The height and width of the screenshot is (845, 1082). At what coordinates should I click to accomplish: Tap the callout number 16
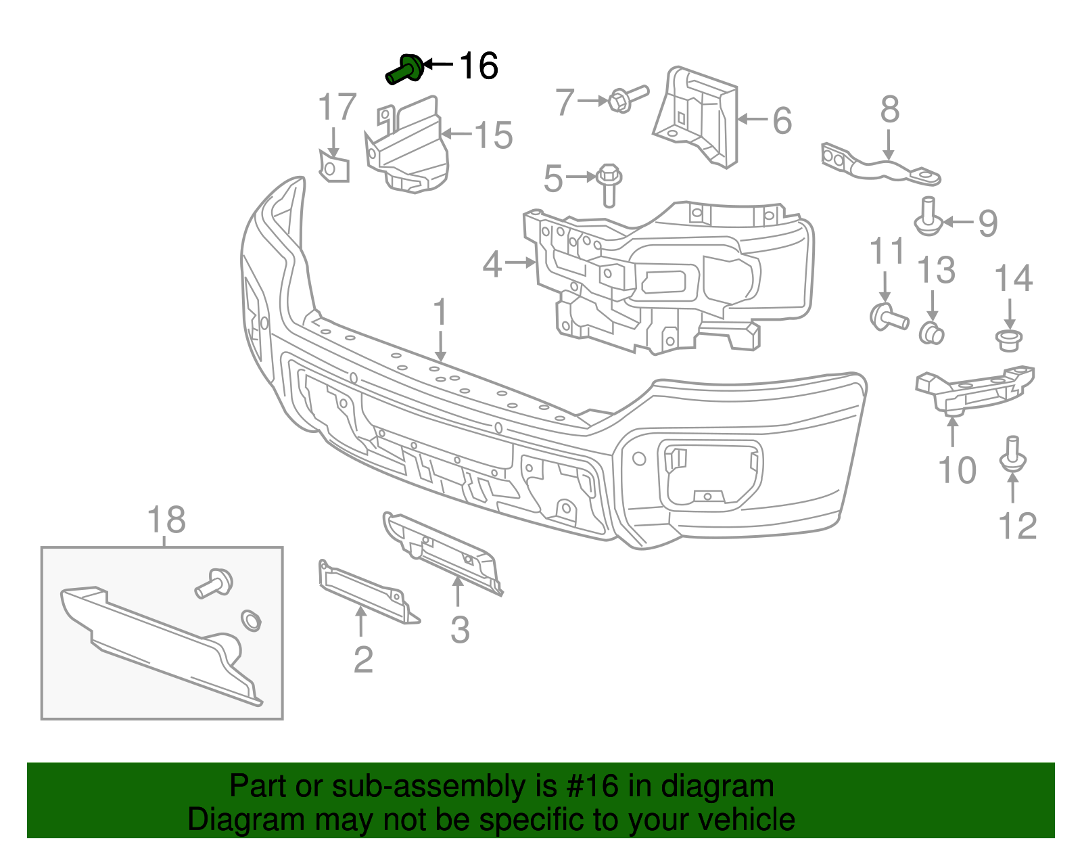pos(479,66)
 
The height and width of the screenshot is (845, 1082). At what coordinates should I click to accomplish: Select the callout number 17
pos(337,108)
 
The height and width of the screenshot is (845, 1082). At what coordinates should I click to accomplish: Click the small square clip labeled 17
pos(334,167)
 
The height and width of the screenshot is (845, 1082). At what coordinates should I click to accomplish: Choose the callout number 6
pos(782,121)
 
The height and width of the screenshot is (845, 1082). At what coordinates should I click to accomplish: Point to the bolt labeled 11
pos(888,317)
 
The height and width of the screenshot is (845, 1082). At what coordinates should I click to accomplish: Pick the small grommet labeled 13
pos(932,333)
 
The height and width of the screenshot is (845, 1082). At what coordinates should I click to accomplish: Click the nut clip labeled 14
pos(1010,340)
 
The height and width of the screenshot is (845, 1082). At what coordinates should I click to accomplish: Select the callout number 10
pos(957,470)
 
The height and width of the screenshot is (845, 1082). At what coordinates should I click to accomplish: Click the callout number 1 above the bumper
pos(440,312)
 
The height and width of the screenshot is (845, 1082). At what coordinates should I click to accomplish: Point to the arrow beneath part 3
pos(458,593)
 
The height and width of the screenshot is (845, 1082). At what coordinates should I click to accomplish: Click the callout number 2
pos(363,660)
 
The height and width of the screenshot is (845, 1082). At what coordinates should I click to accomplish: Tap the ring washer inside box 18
pos(252,620)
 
